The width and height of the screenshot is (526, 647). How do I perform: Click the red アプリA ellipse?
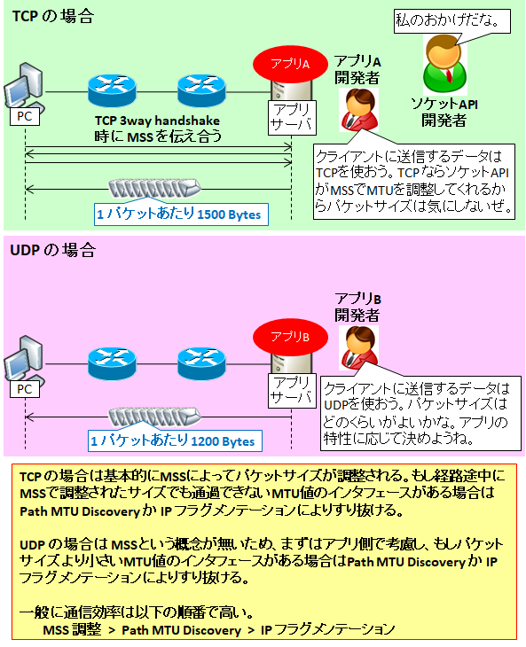pos(290,64)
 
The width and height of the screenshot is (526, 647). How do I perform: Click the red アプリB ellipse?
pos(290,337)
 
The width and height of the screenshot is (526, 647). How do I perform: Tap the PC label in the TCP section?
pos(25,116)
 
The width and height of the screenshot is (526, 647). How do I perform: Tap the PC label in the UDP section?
pos(25,389)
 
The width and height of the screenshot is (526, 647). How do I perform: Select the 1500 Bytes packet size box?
pos(181,214)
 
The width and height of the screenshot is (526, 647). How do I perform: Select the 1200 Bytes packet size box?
pos(175,440)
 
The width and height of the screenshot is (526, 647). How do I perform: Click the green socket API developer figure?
pos(444,66)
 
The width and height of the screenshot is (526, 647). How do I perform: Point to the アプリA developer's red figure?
pos(358,110)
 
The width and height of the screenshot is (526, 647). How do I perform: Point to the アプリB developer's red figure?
pos(358,347)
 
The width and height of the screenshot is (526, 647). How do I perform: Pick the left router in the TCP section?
pos(112,90)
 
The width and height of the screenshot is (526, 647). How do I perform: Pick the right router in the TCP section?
pos(201,90)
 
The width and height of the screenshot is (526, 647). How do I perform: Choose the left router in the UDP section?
pos(112,363)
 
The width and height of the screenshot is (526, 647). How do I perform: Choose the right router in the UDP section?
pos(201,363)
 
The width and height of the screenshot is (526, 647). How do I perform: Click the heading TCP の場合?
pos(53,17)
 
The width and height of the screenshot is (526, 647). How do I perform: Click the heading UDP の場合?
pos(52,250)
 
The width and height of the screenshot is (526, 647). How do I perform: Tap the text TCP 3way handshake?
pos(157,121)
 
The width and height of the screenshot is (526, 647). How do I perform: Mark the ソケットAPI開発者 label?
pos(444,113)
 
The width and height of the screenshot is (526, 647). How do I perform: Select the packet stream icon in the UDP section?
pos(154,417)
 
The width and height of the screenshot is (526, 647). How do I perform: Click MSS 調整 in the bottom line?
pos(72,629)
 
